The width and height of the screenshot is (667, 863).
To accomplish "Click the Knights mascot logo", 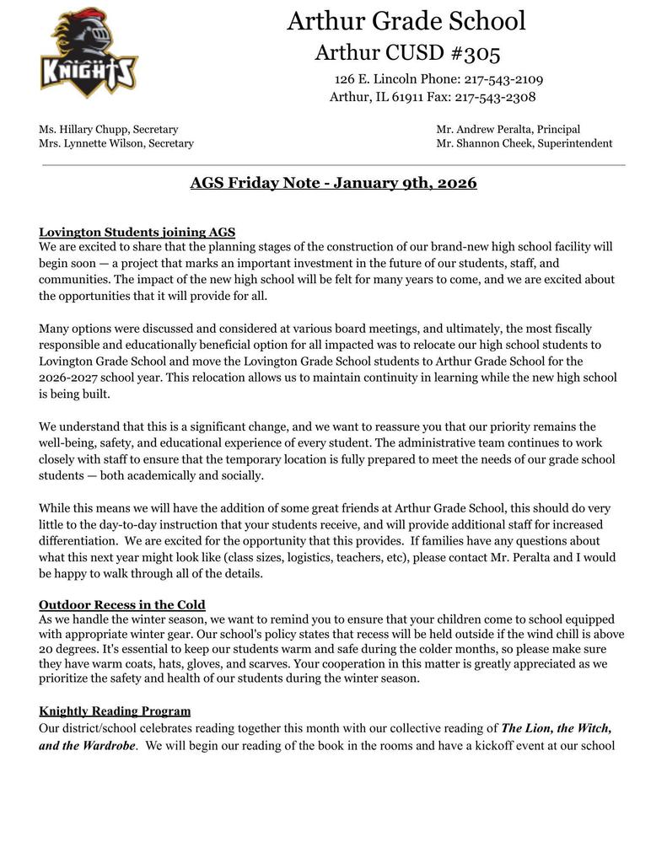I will click(89, 53).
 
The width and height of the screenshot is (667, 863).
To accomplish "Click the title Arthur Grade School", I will click(406, 20).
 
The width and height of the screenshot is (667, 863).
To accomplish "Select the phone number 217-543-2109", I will click(503, 79).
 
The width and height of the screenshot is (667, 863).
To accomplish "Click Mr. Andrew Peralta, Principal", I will click(508, 130).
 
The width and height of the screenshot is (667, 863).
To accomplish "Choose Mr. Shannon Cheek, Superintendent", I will click(524, 143).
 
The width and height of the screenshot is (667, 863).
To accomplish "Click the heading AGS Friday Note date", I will click(333, 183).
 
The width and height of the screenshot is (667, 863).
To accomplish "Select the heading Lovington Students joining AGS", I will click(137, 232).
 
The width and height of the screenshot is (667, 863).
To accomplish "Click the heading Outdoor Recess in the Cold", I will click(122, 604).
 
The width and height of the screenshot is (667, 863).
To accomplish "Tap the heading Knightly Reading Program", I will click(115, 710).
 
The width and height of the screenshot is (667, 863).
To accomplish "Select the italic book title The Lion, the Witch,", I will click(557, 727).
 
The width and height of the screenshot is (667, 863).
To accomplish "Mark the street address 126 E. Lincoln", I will click(370, 79).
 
